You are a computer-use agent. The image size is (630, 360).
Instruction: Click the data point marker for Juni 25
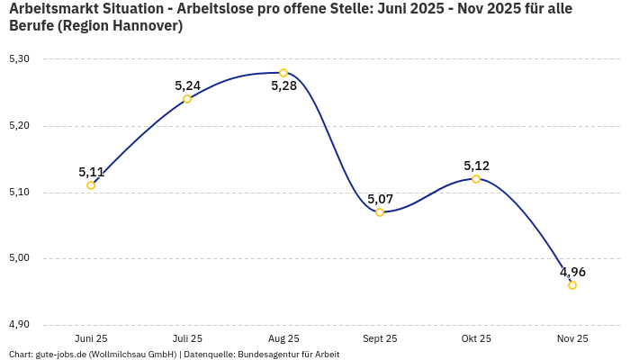(x=91, y=185)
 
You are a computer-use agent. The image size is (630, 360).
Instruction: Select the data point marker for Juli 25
(x=187, y=99)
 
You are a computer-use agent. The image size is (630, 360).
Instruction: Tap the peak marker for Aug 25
(x=283, y=73)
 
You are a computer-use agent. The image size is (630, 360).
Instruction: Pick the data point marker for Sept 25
(x=380, y=212)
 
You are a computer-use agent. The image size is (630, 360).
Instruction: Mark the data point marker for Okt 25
(x=476, y=179)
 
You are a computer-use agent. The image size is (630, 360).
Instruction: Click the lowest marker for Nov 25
(x=572, y=285)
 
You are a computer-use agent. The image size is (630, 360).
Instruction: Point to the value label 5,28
(x=283, y=86)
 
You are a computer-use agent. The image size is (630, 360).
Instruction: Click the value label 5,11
(x=91, y=172)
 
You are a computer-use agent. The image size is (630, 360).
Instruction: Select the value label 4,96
(x=572, y=272)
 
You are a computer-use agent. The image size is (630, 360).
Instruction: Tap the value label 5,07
(x=380, y=199)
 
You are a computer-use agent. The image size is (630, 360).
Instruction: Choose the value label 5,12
(x=476, y=166)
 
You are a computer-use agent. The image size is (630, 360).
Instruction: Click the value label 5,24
(x=187, y=85)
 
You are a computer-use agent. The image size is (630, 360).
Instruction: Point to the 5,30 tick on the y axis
(x=19, y=59)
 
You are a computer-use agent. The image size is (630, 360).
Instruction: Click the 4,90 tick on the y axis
(x=19, y=325)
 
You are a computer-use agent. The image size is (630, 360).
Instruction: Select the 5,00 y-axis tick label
(x=19, y=258)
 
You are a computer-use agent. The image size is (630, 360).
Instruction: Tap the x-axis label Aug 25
(x=283, y=339)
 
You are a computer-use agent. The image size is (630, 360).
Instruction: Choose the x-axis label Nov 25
(x=572, y=339)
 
